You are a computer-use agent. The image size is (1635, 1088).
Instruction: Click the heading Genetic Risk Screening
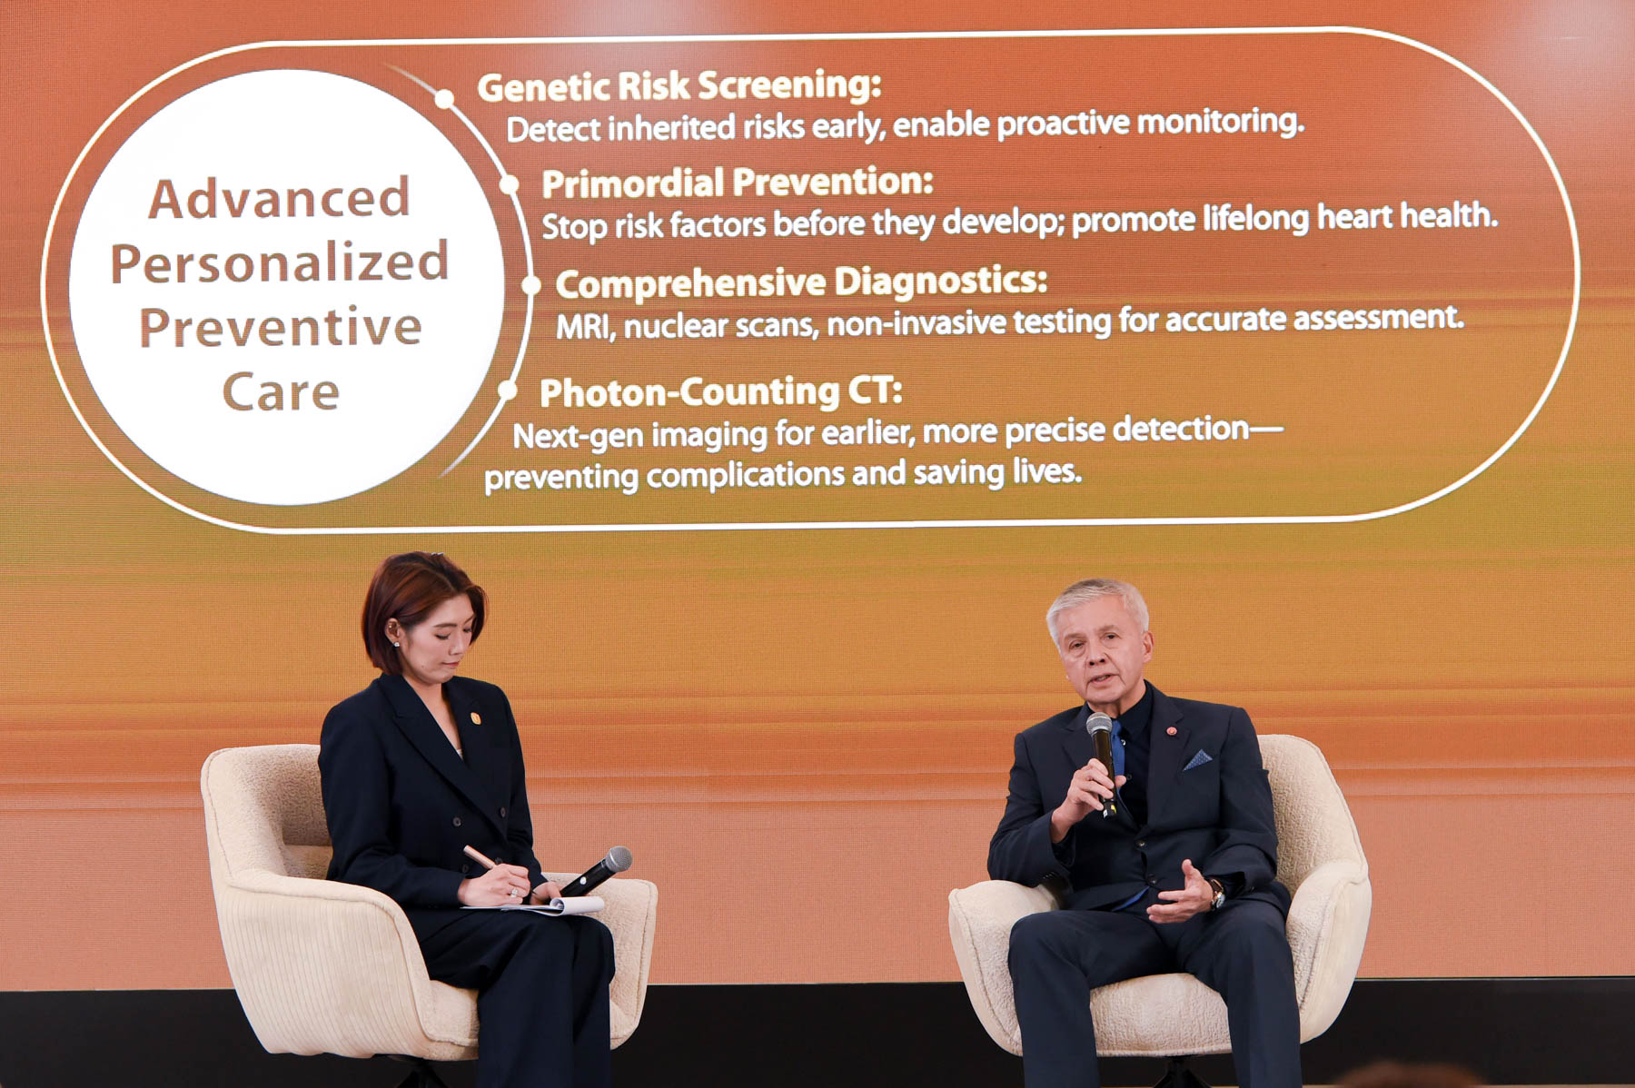click(679, 86)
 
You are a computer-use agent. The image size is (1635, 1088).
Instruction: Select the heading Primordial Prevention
click(738, 183)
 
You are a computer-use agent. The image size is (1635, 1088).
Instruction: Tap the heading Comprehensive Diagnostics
click(801, 283)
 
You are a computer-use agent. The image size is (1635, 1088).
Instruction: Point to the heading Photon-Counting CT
click(721, 392)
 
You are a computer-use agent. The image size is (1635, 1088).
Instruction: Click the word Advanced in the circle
click(280, 198)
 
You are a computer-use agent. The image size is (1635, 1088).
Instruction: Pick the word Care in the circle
click(281, 391)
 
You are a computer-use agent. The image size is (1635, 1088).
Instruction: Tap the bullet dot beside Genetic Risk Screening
click(444, 99)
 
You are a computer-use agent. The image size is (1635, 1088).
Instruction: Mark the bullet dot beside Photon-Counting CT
click(508, 391)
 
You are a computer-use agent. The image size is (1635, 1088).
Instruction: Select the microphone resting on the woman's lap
click(594, 872)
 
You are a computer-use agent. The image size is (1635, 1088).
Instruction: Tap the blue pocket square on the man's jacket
click(1196, 759)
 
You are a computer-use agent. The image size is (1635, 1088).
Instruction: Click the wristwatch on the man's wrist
click(1215, 894)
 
